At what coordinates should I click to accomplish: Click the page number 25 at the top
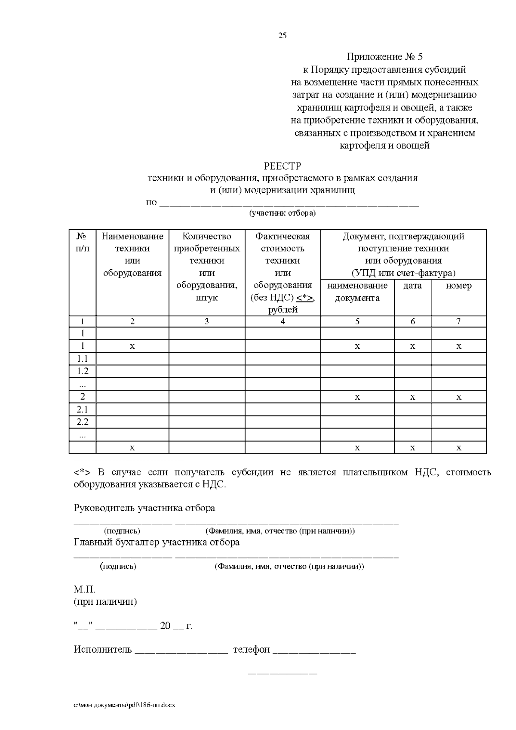pos(283,36)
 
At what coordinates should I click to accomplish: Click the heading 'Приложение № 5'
pos(385,57)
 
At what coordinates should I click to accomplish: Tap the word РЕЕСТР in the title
pos(282,166)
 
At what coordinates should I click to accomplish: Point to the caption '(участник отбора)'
pos(283,213)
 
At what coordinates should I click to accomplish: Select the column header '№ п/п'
pos(83,242)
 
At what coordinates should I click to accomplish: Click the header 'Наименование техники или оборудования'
pos(132,254)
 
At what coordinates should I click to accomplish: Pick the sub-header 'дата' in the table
pos(412,286)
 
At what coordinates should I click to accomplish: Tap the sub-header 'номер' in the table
pos(458,286)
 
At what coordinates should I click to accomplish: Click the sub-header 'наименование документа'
pos(357,292)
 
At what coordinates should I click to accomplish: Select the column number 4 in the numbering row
pos(283,321)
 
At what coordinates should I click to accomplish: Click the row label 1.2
pos(83,371)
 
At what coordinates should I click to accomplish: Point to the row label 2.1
pos(83,409)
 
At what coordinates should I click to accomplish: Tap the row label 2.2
pos(83,422)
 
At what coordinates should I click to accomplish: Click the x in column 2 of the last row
pos(132,448)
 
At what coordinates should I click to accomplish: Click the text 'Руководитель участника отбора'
pos(144,508)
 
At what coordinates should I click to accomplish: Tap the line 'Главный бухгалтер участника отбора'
pos(157,542)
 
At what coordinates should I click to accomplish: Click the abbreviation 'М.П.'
pos(84,589)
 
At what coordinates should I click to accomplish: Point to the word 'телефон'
pos(252,650)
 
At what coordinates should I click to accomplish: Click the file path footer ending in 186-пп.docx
pos(124,705)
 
